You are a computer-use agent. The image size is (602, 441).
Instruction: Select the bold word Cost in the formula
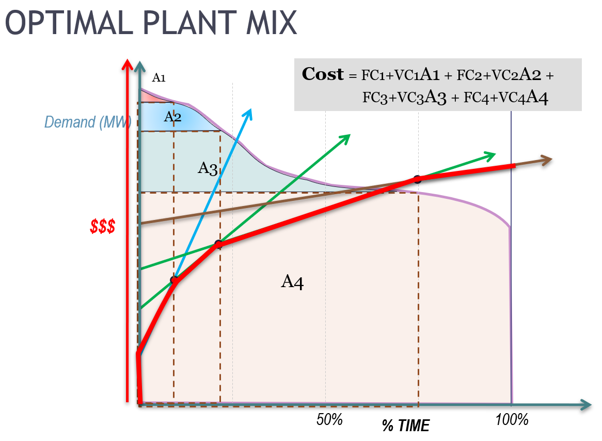pos(322,74)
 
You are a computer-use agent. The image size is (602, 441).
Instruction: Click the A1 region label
pos(159,78)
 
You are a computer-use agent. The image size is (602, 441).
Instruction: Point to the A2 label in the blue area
pos(172,117)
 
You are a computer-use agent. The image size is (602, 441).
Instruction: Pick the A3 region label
pos(207,168)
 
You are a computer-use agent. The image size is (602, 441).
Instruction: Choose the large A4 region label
pos(292,281)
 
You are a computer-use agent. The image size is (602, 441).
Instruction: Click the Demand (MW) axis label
pos(87,122)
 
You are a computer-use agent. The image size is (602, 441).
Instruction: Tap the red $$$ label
pos(102,226)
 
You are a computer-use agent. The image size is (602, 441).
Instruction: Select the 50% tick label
pos(329,419)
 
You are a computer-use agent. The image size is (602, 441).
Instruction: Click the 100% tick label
pos(512,419)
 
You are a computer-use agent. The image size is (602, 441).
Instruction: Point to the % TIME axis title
pos(405,426)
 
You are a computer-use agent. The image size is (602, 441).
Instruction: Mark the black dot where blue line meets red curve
pos(175,280)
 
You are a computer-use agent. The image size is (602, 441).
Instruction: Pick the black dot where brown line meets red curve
pos(417,180)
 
